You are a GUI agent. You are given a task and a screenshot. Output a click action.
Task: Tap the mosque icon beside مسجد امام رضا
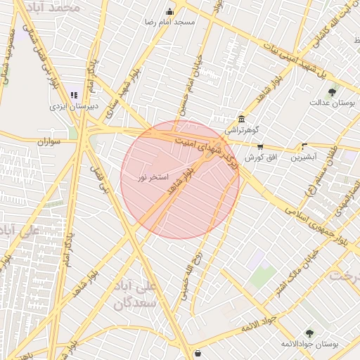coord(169,12)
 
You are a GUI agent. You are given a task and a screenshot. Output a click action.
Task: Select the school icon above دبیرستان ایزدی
coord(75,96)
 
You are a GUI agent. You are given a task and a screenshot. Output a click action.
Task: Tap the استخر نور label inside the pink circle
coord(153,178)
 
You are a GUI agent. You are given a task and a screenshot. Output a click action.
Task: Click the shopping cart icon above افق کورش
coord(260,147)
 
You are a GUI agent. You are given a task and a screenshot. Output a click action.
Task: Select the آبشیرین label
coord(304,157)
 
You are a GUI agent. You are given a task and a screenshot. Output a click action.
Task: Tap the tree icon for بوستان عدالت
coord(331,91)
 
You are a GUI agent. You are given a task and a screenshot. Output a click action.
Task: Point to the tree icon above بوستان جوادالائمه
coord(309,333)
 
